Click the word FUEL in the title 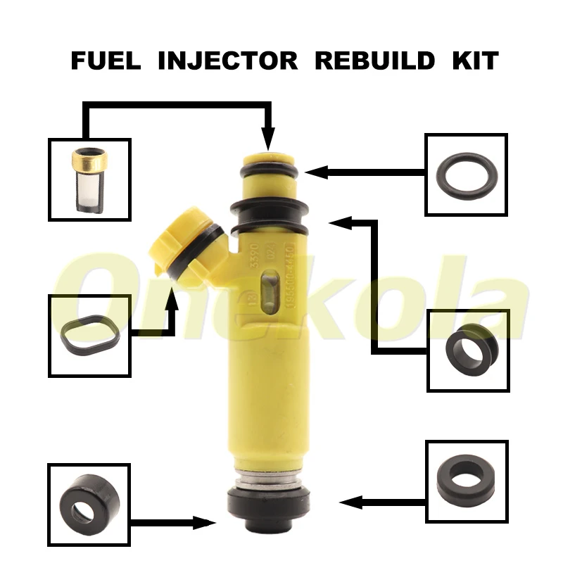(106, 60)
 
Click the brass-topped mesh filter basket (89, 179)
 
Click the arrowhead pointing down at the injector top (267, 139)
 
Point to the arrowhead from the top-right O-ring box (315, 171)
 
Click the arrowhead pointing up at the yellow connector (171, 299)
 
